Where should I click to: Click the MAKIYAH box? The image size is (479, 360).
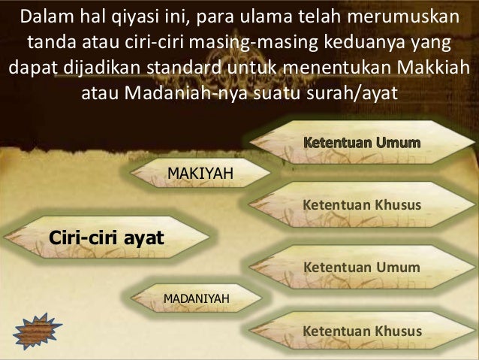click(199, 175)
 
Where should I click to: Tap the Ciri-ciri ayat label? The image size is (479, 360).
click(107, 238)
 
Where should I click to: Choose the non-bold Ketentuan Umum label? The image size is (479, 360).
click(360, 267)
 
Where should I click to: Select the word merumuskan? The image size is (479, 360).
click(410, 17)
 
